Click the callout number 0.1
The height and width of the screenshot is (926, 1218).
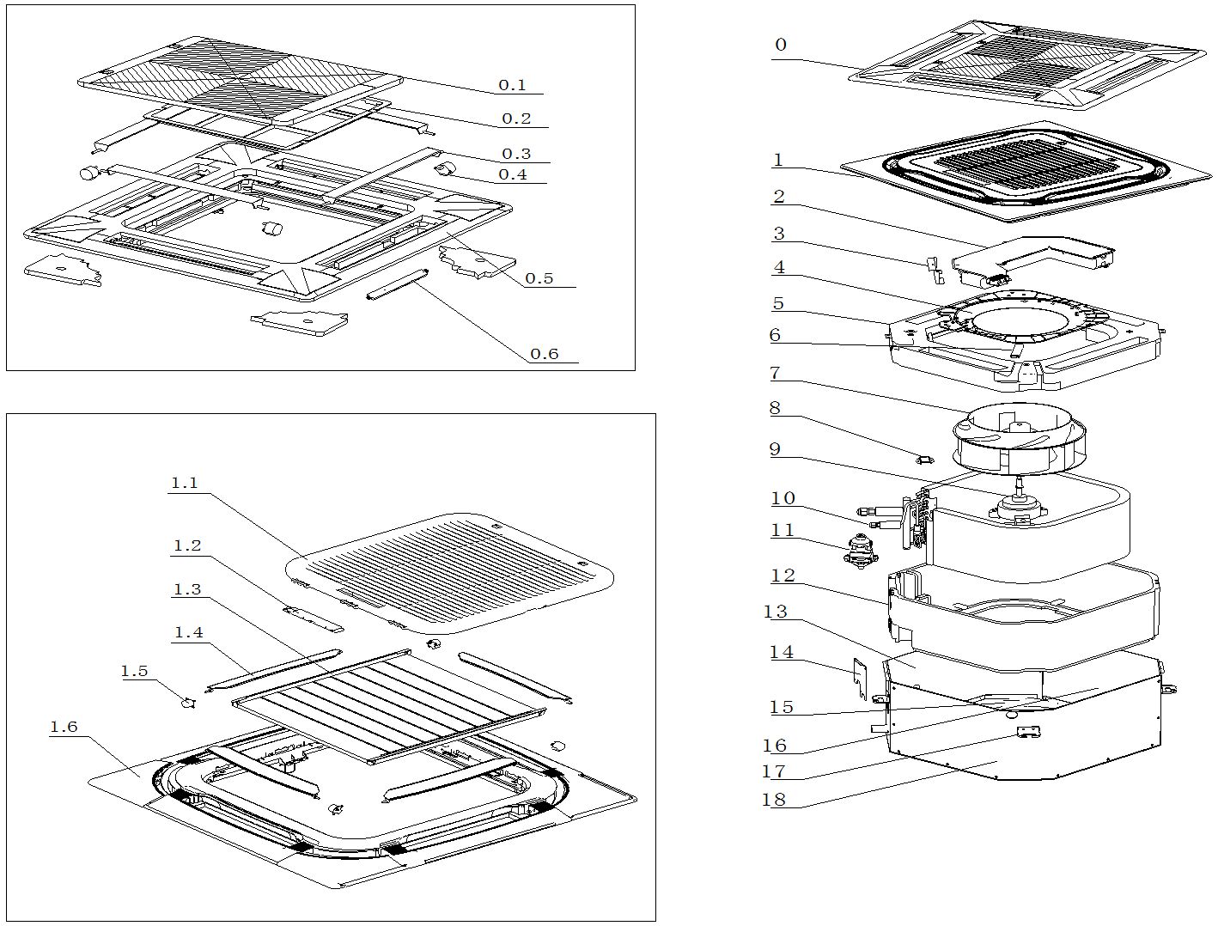[x=512, y=85]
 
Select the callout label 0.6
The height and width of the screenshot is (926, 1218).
[x=544, y=354]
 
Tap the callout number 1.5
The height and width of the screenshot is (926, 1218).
[x=134, y=672]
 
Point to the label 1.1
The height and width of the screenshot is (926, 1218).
[x=184, y=483]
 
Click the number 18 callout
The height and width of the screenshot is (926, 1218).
[x=773, y=800]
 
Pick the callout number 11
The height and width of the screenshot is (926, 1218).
[x=783, y=531]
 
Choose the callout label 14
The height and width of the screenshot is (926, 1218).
[x=781, y=653]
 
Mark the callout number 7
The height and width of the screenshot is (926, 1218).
[x=775, y=373]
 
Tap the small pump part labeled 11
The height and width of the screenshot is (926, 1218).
[x=859, y=549]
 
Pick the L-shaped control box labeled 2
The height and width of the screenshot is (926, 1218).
[x=1031, y=257]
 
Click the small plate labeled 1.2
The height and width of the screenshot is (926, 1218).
[x=313, y=618]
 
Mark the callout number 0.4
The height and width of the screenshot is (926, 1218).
[x=512, y=175]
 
